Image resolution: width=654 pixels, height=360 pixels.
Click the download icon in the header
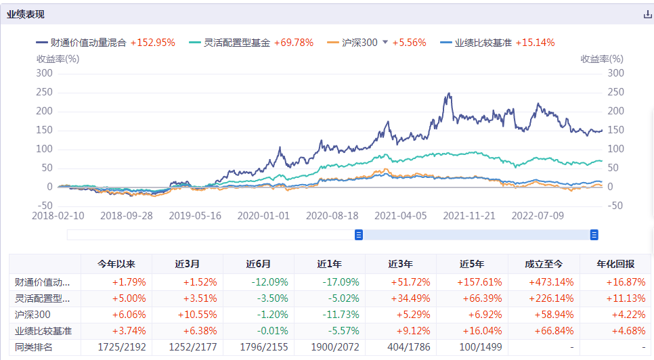coord(647,14)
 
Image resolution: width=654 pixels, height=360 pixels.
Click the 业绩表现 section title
coord(26,14)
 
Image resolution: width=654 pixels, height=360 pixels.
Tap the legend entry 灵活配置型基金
coord(236,43)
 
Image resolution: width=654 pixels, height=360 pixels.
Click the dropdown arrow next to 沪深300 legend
coord(385,42)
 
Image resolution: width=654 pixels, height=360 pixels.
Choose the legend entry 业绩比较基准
coord(483,43)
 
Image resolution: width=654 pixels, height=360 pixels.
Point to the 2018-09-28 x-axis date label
coord(127,215)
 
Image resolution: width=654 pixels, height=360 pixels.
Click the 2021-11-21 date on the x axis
coord(468,215)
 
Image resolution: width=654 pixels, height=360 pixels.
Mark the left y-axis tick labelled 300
coord(44,73)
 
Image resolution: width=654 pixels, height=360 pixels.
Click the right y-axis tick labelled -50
coord(615,206)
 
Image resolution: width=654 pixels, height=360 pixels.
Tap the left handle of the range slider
coord(359,235)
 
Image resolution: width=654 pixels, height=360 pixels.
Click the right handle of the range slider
coord(594,235)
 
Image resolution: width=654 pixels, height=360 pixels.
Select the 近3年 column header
coord(401,264)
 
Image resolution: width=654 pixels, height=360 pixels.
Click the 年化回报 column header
coord(615,264)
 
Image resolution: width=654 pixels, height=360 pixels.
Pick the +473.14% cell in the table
coord(544,282)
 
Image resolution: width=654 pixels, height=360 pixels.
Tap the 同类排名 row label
coord(34,347)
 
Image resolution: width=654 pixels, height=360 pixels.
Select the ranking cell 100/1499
coord(473,347)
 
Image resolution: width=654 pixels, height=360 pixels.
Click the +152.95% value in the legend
coord(152,43)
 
